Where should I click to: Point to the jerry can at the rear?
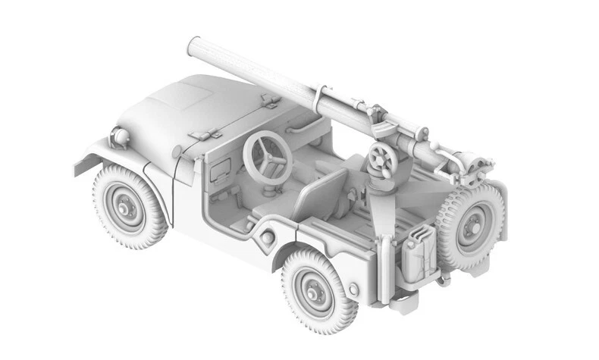[x=418, y=254]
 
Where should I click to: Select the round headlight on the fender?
[x=120, y=137]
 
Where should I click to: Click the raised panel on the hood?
[x=183, y=99]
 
